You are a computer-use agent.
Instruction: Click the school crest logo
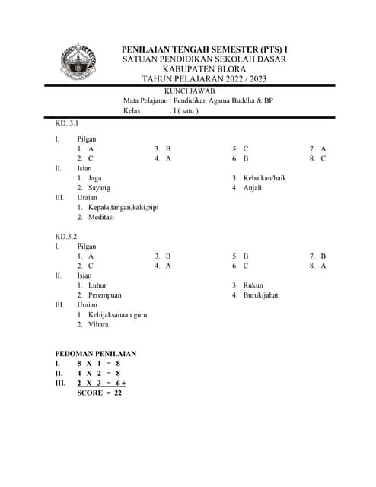[78, 64]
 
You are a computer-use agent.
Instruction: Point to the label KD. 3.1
[67, 123]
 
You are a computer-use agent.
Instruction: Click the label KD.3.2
[66, 237]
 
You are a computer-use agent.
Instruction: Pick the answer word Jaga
[95, 178]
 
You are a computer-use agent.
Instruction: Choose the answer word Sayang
[99, 188]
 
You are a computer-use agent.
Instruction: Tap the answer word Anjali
[252, 188]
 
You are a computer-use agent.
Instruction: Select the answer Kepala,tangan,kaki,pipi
[123, 207]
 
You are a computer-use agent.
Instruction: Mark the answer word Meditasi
[101, 217]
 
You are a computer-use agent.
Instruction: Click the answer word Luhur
[97, 285]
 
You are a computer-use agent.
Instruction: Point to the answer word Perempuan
[105, 295]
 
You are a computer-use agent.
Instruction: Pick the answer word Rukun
[253, 285]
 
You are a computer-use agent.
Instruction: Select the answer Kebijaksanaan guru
[118, 314]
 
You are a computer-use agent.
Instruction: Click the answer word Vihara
[98, 324]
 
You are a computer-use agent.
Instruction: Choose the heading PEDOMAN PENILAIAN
[96, 354]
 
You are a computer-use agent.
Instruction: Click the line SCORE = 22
[100, 393]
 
